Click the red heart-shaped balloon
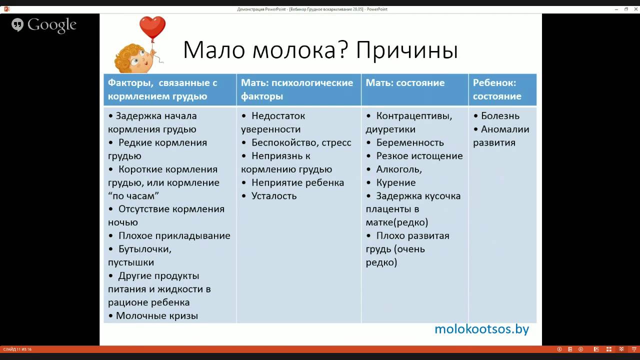coord(152,27)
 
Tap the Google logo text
coord(51,25)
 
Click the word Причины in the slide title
coord(407,50)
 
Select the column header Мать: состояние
coord(405,83)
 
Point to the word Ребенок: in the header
coord(494,83)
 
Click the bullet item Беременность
coord(409,142)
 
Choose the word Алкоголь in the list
coord(397,169)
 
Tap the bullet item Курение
coord(395,183)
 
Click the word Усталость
coord(274,196)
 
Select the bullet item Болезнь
coord(500,116)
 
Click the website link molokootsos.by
coord(481,329)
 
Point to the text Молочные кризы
coord(157,315)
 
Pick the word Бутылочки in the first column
coord(143,249)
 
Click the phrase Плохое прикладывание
coord(174,235)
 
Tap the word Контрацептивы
coord(413,116)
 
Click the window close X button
coord(636,9)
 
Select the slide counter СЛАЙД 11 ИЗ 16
coord(17,349)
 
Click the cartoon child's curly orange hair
coord(125,56)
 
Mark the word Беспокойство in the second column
coord(285,142)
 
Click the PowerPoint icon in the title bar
coord(7,9)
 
